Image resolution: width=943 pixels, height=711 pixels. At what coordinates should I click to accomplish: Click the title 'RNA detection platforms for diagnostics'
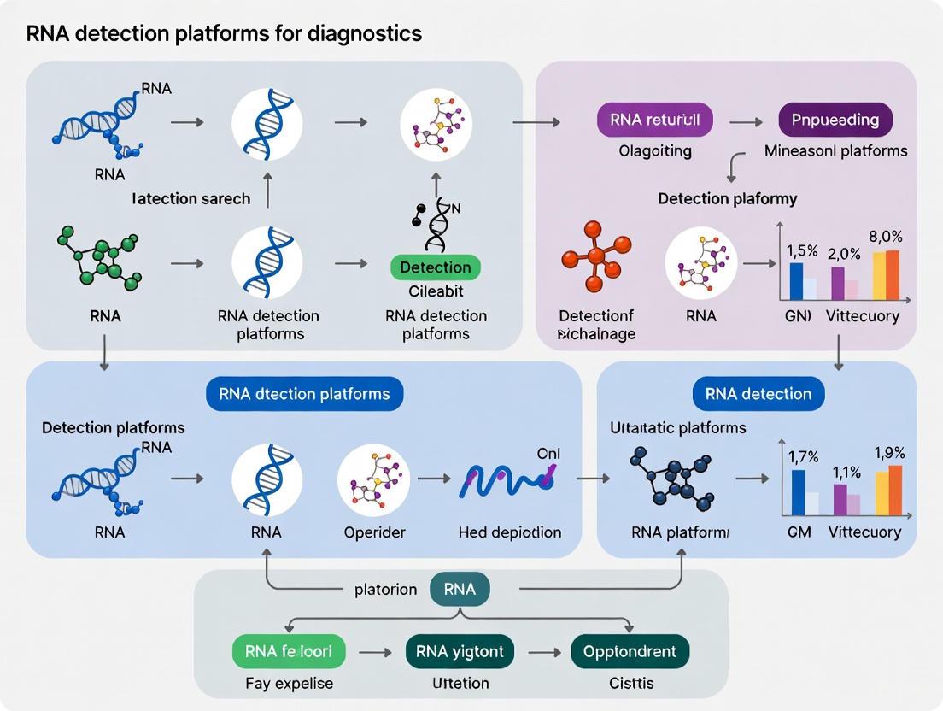coord(224,34)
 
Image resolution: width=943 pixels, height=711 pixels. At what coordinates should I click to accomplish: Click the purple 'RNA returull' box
coord(655,120)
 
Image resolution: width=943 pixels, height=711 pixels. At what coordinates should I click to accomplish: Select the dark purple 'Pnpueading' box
coord(835,120)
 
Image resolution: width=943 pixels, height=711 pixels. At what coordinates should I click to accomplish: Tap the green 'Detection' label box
coord(436,267)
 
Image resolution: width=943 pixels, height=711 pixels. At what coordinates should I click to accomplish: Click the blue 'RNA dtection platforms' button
coord(304,394)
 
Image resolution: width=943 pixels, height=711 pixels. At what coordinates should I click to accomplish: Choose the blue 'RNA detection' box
coord(758,394)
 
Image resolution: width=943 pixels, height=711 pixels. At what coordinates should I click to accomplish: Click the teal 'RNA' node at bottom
coord(460,589)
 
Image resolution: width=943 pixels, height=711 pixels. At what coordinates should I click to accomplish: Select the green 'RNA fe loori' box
coord(289,652)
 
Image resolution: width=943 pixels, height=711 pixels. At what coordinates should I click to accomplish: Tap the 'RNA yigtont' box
coord(460,652)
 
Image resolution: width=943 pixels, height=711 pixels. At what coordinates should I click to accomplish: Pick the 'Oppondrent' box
coord(630,652)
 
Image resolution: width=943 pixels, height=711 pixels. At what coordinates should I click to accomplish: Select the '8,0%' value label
coord(885,237)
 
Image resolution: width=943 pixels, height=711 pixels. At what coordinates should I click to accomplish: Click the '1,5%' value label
coord(801,251)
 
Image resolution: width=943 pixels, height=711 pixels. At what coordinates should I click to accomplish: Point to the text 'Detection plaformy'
coord(727,198)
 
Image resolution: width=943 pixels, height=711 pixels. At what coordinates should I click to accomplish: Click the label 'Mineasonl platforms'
coord(835,151)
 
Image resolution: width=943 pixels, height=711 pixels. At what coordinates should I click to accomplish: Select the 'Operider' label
coord(374,532)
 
